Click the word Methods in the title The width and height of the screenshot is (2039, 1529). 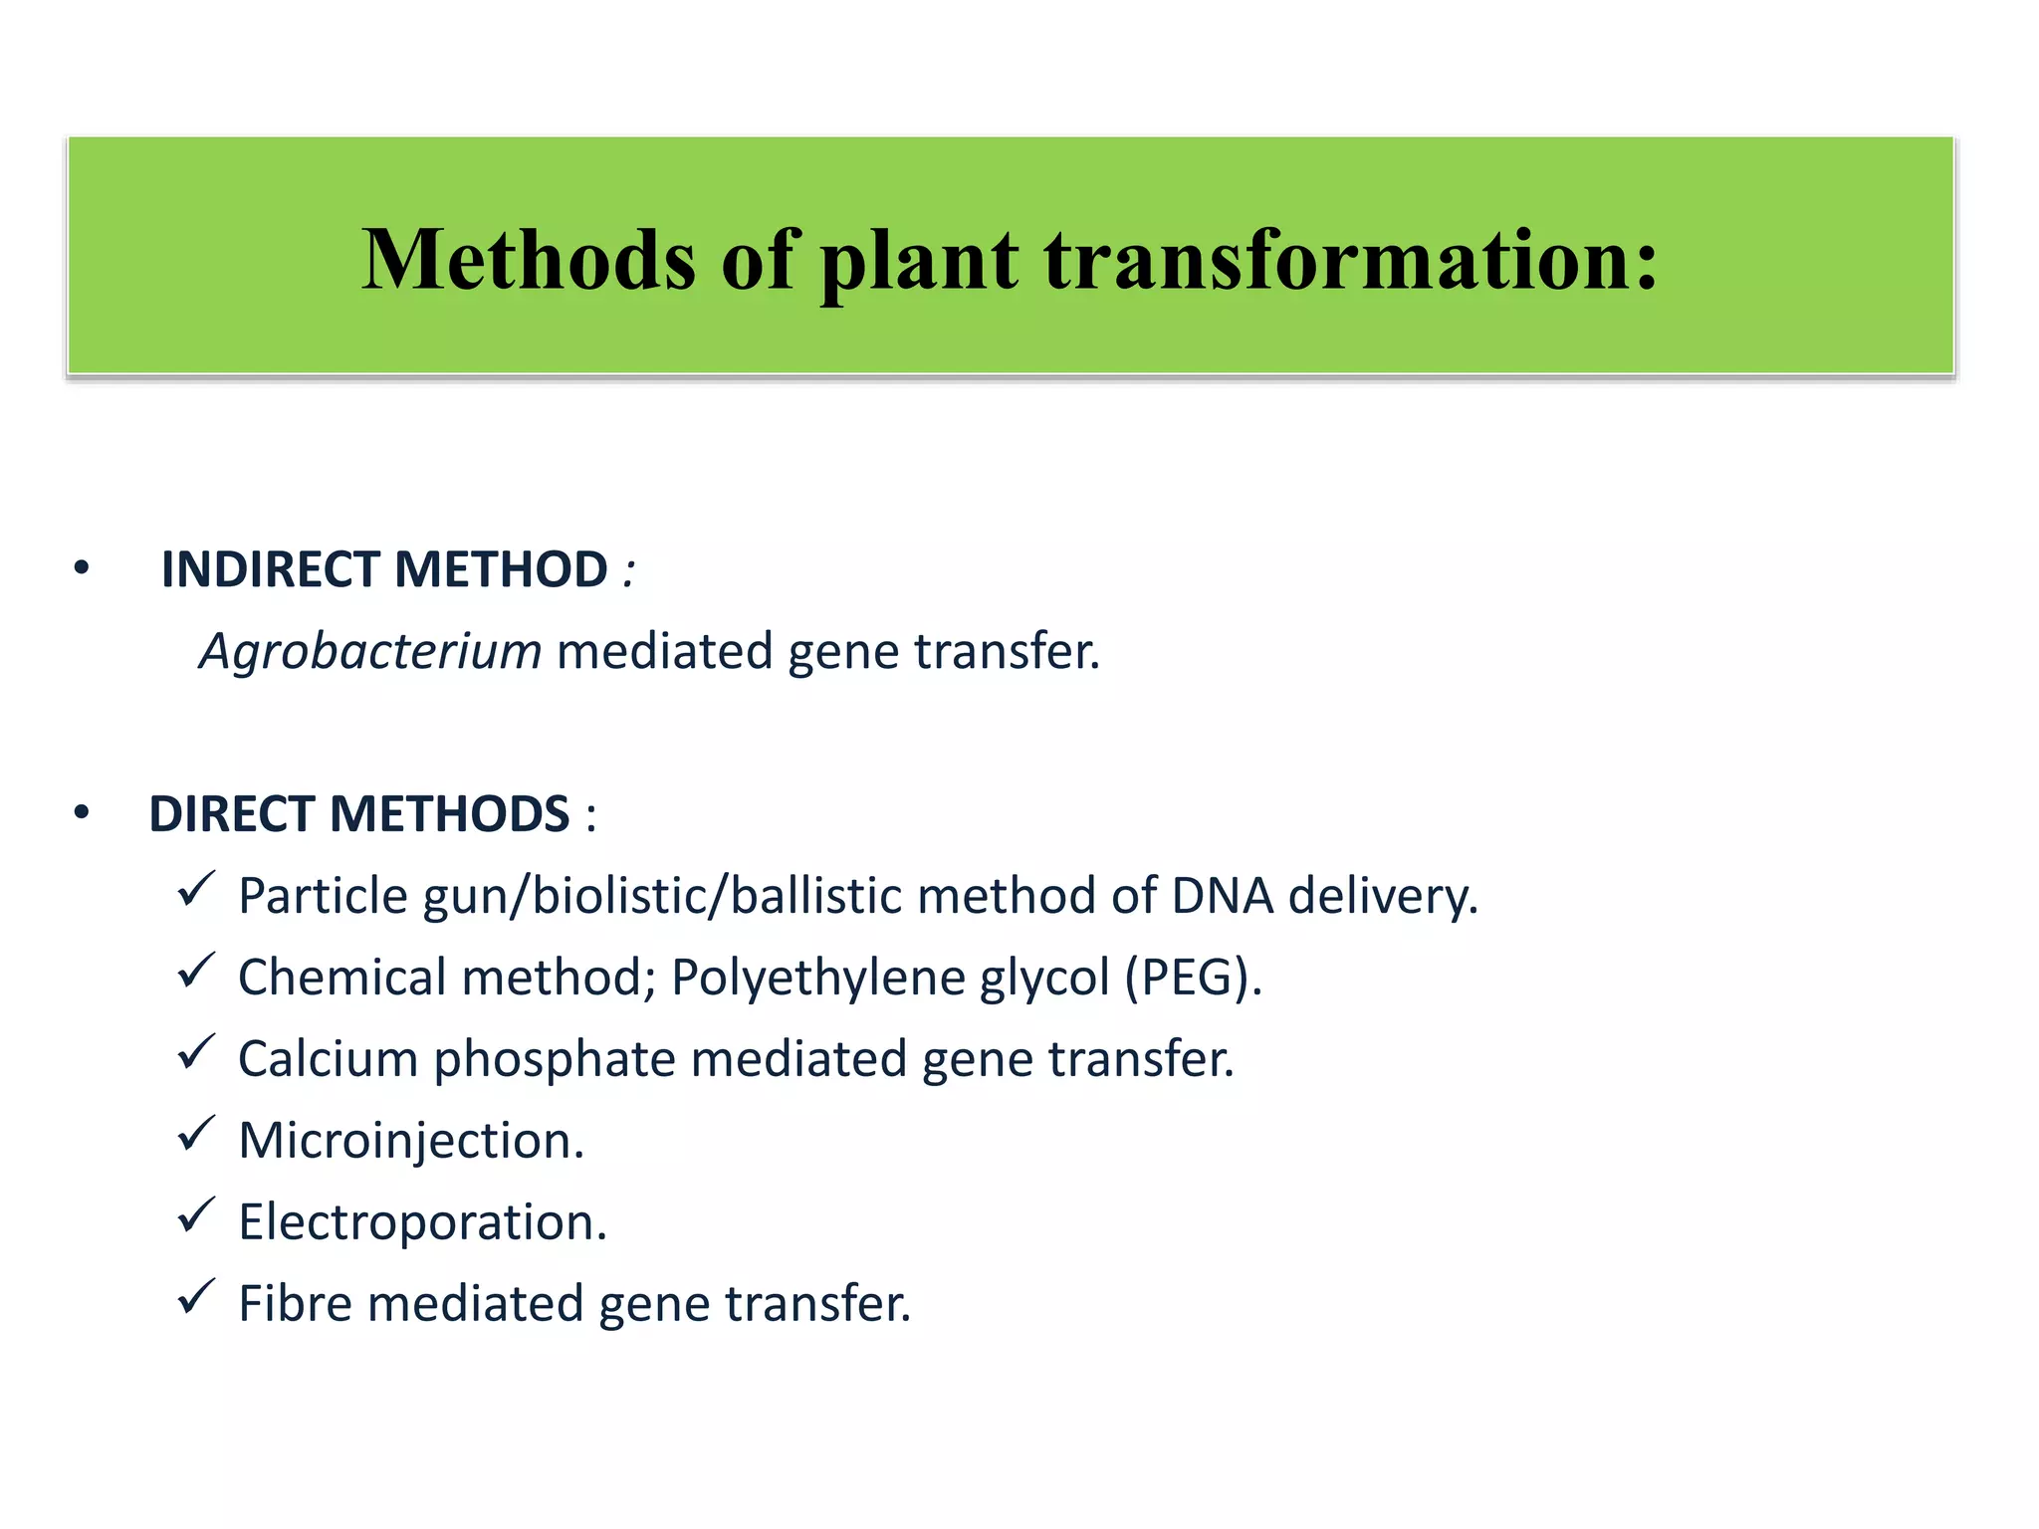click(528, 260)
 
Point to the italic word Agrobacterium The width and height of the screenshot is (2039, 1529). click(370, 652)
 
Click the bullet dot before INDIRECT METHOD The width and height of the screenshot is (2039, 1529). click(82, 569)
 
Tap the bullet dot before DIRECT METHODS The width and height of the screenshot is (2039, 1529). click(82, 814)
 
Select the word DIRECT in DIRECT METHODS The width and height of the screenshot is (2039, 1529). click(231, 814)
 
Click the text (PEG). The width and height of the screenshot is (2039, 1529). click(1193, 978)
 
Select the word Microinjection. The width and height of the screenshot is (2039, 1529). click(410, 1141)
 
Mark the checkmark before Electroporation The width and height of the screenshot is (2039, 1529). click(196, 1214)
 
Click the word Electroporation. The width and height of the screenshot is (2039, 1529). click(421, 1222)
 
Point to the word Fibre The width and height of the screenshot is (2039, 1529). click(296, 1304)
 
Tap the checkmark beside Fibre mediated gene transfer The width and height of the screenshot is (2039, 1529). click(196, 1296)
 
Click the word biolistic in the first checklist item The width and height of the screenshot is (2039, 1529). click(622, 896)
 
